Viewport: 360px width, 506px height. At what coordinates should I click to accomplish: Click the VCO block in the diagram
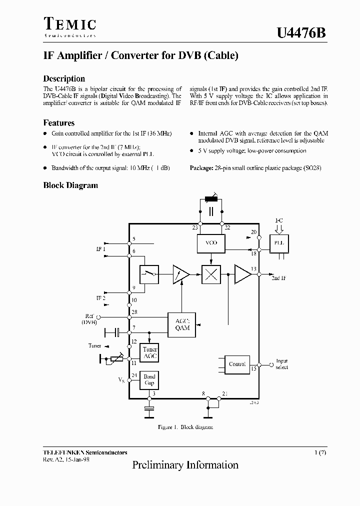[x=211, y=243]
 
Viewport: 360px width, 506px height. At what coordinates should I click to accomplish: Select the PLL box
[x=279, y=243]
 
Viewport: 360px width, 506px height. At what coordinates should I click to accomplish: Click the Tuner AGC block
[x=149, y=353]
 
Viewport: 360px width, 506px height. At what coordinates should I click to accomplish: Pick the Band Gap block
[x=149, y=380]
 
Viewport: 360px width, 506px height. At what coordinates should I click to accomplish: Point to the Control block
[x=237, y=364]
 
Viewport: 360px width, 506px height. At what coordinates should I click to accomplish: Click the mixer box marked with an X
[x=211, y=274]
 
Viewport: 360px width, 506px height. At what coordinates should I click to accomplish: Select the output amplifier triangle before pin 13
[x=242, y=274]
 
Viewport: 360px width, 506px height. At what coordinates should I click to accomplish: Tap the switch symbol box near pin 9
[x=149, y=273]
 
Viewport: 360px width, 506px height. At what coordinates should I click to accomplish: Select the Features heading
[x=59, y=123]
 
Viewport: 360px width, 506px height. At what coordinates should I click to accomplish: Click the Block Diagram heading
[x=70, y=185]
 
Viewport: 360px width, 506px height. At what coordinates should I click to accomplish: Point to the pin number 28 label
[x=134, y=312]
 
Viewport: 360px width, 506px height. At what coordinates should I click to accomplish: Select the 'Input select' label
[x=282, y=364]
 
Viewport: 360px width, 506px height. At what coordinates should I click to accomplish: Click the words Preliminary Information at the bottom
[x=185, y=465]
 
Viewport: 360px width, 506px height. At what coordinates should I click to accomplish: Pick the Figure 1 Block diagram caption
[x=185, y=427]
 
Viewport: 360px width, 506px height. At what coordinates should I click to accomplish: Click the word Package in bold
[x=201, y=168]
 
